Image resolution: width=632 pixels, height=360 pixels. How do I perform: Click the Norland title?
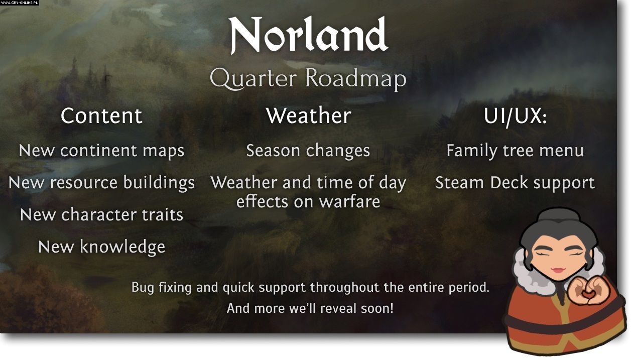pos(308,35)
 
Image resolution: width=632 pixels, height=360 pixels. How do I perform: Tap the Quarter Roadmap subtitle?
pos(308,79)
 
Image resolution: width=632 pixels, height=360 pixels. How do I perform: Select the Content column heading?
pos(101,115)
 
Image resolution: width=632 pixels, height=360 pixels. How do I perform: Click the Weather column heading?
pos(308,115)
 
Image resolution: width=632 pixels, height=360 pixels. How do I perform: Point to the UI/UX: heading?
pos(515,116)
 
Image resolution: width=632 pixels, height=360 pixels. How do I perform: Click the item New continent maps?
pos(101,151)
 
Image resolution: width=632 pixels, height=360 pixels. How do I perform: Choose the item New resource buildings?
pos(101,183)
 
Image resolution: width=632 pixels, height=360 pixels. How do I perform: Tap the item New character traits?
pos(101,214)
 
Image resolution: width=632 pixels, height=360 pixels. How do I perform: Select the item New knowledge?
pos(101,247)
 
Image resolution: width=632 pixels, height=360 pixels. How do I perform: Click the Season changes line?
pos(308,151)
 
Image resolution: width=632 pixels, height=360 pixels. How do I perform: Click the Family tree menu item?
pos(515,151)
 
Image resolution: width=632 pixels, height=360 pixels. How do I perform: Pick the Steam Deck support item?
pos(515,183)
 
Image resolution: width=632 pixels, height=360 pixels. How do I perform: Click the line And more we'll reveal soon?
pos(310,308)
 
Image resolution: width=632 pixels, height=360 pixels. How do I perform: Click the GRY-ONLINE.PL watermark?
pos(20,3)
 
